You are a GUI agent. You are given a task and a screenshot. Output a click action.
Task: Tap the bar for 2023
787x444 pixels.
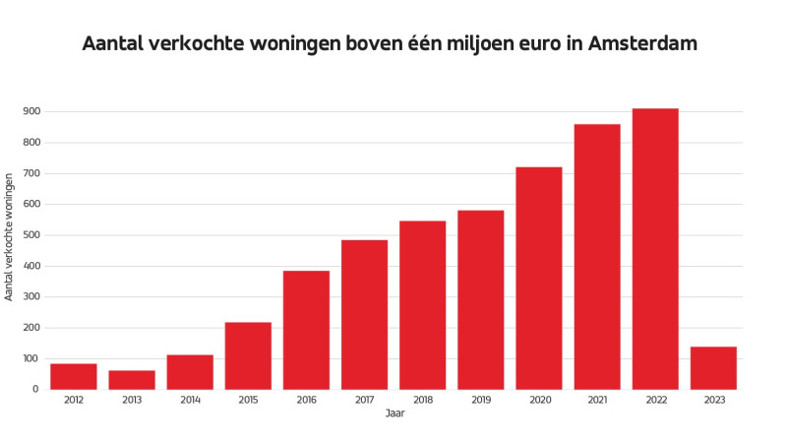point(713,368)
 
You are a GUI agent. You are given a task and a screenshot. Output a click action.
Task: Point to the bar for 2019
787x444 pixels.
point(480,299)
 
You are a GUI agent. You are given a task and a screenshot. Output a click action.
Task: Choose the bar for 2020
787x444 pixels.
point(538,278)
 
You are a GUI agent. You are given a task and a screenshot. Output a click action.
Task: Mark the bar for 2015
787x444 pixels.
point(248,355)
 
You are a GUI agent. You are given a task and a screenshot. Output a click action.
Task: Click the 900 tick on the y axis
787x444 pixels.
point(30,112)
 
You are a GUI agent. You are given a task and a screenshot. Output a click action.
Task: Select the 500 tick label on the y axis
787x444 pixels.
point(30,235)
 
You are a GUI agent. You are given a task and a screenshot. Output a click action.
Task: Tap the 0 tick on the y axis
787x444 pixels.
point(34,390)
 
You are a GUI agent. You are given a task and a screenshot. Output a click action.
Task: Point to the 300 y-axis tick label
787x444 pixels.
point(30,297)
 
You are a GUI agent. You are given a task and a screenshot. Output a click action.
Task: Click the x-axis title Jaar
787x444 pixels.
point(393,414)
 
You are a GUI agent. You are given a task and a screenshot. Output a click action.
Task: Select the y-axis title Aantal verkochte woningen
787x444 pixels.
point(10,236)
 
